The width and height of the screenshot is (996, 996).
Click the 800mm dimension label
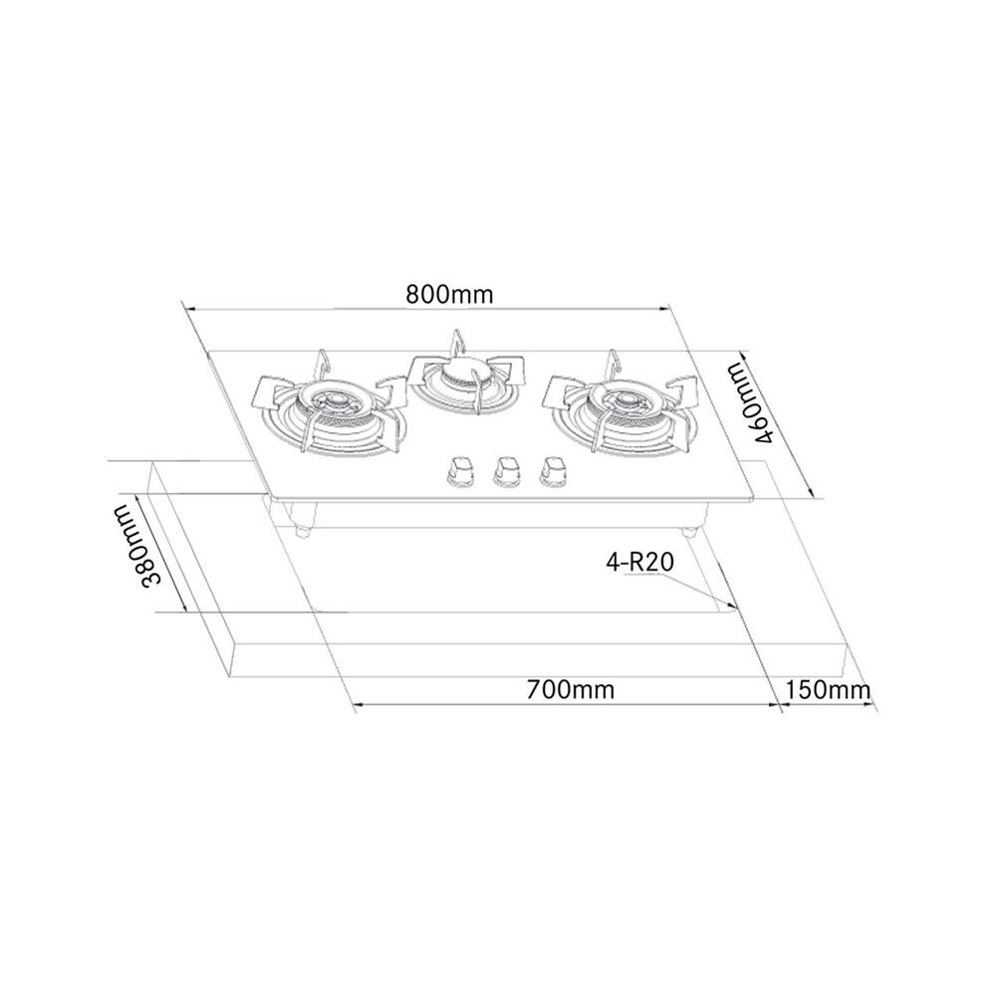pos(450,295)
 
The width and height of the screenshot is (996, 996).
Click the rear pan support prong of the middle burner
pos(457,341)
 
